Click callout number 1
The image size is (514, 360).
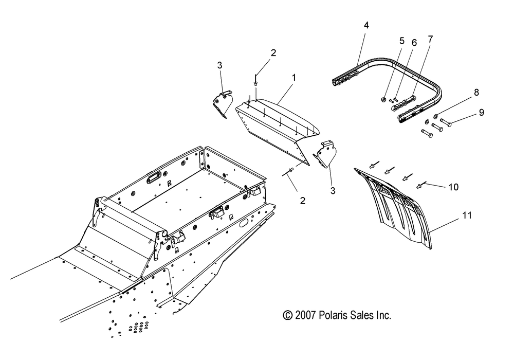coord(294,77)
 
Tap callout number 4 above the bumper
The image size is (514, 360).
coord(366,25)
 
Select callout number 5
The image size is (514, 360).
coord(402,41)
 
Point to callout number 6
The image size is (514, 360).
coord(414,44)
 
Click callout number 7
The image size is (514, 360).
coord(430,39)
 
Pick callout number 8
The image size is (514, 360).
coord(462,93)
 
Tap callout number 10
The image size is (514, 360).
coord(453,187)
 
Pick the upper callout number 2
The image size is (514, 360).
coord(273,53)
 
